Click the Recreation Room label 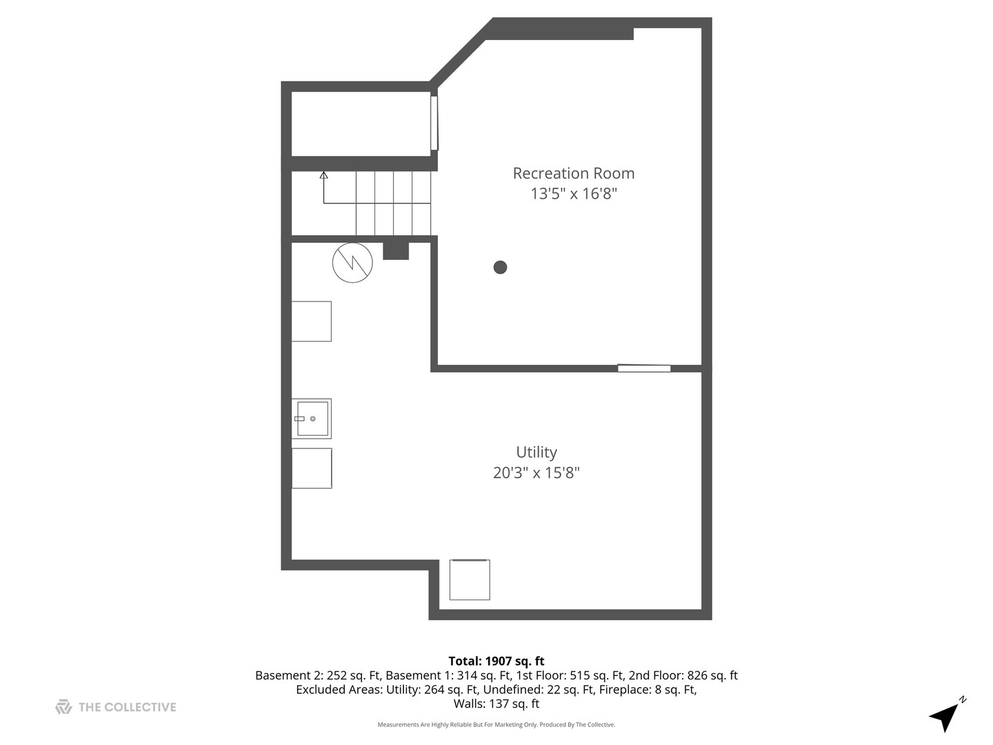573,173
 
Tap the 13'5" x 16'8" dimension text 573,194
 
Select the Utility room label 536,452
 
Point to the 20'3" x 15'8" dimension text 536,473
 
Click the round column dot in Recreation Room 501,267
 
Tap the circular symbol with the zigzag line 352,263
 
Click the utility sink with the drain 312,419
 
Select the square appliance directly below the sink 312,468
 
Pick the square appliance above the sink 312,321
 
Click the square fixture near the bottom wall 470,580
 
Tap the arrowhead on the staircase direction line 323,175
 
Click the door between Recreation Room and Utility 644,368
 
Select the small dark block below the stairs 396,250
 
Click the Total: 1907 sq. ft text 496,661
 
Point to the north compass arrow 945,716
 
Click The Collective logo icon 63,707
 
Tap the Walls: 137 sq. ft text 496,704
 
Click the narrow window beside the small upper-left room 434,123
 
